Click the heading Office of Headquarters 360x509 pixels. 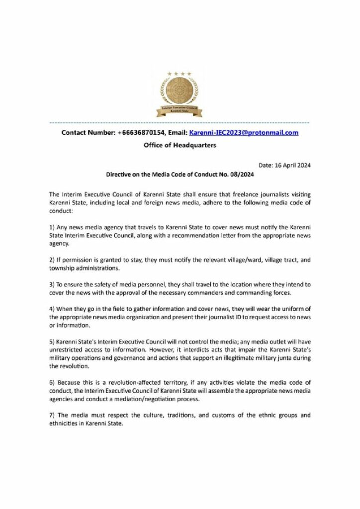pos(180,146)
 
